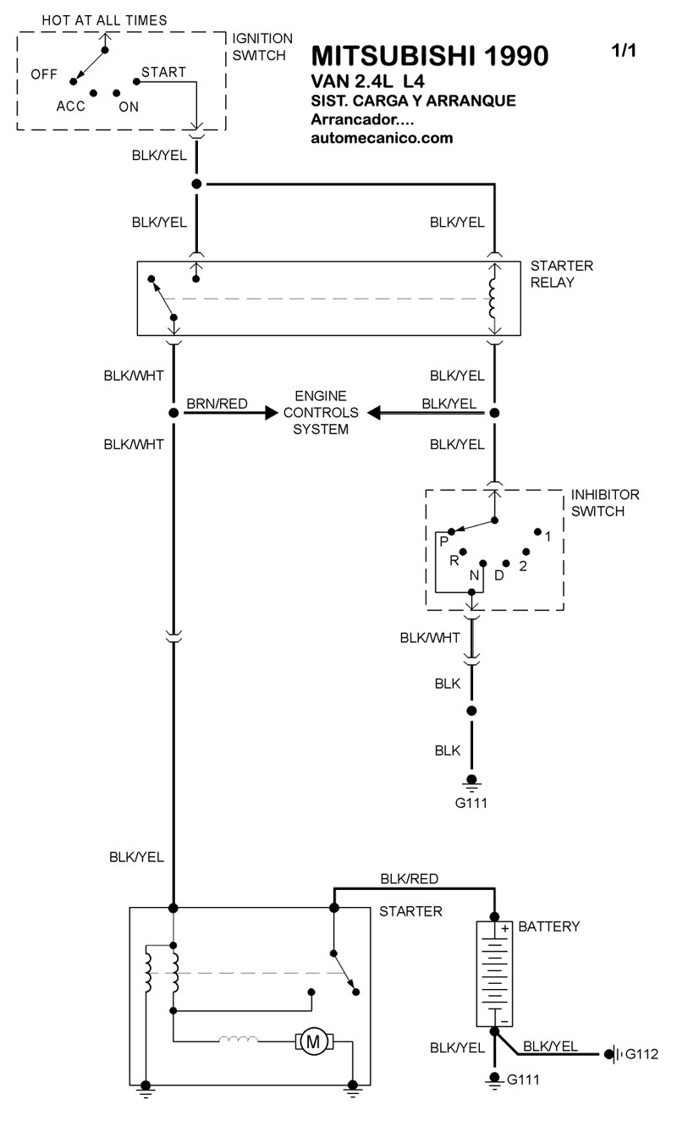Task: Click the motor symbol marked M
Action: click(x=313, y=1041)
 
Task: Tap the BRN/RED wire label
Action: click(x=217, y=404)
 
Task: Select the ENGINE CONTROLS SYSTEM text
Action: click(x=321, y=413)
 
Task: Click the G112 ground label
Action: click(x=641, y=1054)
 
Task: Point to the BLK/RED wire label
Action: click(x=410, y=879)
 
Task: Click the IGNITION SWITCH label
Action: click(x=262, y=47)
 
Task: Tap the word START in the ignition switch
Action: click(x=163, y=72)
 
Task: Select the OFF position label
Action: click(x=44, y=74)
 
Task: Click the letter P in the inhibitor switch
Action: click(x=443, y=540)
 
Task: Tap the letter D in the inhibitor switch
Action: click(x=498, y=575)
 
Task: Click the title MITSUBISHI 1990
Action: click(x=430, y=56)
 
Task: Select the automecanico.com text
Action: click(x=383, y=138)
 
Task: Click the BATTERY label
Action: click(x=549, y=926)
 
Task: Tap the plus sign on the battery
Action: click(x=504, y=929)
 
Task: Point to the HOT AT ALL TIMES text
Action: click(x=104, y=19)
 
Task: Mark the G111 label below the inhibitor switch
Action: click(x=471, y=803)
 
